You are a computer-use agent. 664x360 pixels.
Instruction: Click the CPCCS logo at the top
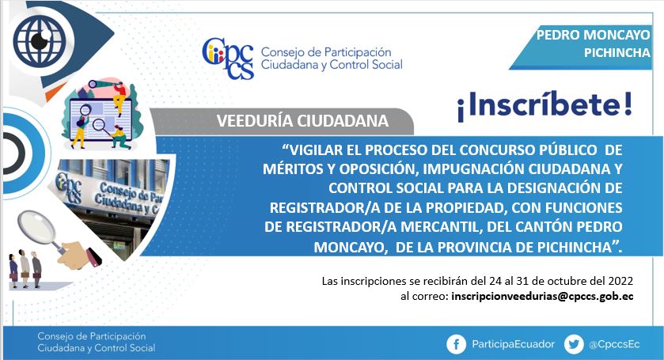click(x=228, y=59)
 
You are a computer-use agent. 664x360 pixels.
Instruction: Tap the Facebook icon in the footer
click(x=456, y=344)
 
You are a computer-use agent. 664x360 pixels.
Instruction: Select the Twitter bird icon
click(x=574, y=344)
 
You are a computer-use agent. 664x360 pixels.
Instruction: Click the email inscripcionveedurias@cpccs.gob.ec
click(x=542, y=297)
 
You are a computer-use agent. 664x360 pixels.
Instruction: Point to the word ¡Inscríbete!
click(x=544, y=105)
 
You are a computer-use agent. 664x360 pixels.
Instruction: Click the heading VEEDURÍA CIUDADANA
click(x=302, y=121)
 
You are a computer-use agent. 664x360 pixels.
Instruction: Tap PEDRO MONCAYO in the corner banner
click(x=593, y=35)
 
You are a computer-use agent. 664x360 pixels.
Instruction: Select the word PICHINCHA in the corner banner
click(x=617, y=52)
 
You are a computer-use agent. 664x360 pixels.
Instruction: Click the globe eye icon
click(x=40, y=40)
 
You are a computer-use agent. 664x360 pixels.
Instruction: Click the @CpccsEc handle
click(x=614, y=344)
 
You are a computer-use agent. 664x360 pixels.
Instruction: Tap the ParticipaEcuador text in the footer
click(x=514, y=344)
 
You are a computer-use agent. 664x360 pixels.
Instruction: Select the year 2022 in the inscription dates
click(x=620, y=281)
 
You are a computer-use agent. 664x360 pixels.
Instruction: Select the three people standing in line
click(x=25, y=269)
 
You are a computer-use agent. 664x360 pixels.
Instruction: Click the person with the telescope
click(x=119, y=98)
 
